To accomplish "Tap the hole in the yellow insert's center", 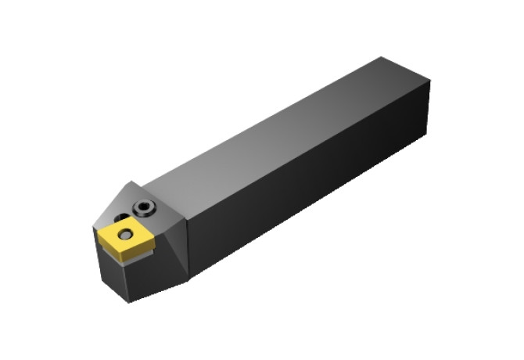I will (124, 232).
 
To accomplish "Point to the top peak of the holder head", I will (127, 182).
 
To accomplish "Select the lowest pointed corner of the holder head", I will (130, 302).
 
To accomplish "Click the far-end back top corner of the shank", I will (382, 57).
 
